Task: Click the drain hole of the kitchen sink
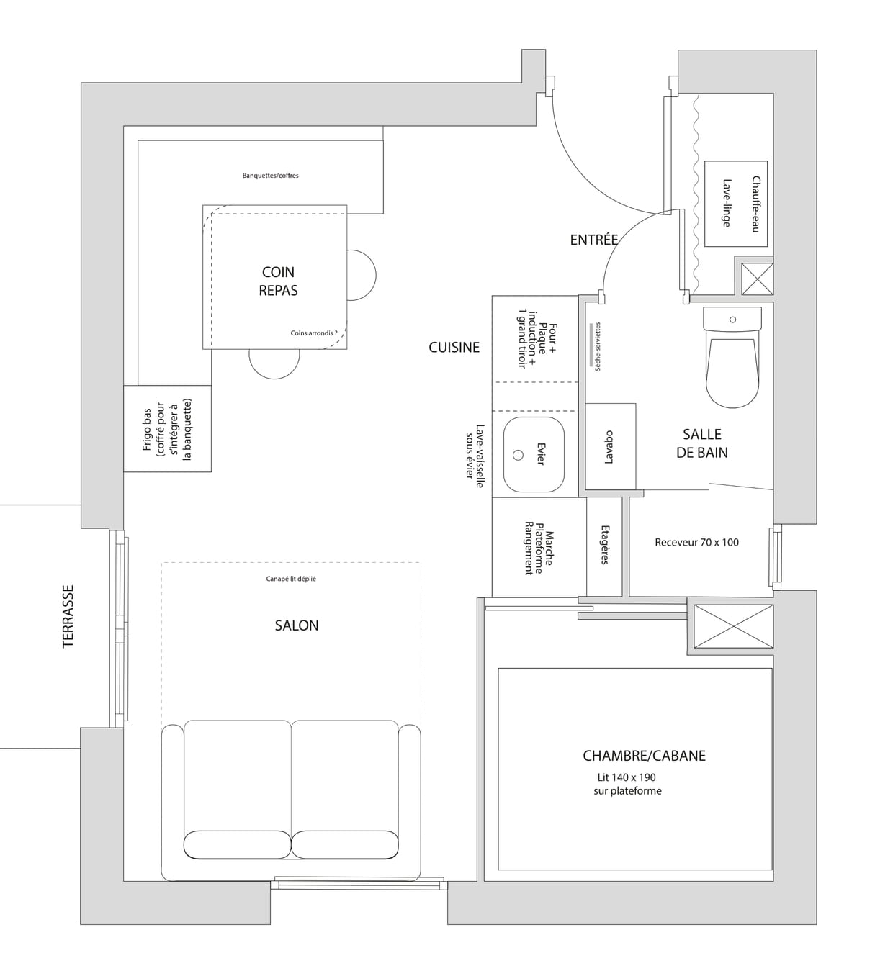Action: tap(518, 455)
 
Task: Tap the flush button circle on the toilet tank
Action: tap(732, 320)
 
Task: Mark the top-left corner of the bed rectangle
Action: tap(498, 669)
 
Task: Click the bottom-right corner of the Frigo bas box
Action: tap(211, 471)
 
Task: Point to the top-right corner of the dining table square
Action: tap(346, 205)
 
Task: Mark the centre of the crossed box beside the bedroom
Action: tap(733, 626)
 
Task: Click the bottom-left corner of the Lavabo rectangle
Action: tap(585, 489)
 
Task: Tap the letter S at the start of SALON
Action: tap(278, 625)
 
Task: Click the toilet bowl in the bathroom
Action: tap(732, 374)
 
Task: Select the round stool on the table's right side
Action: tap(361, 275)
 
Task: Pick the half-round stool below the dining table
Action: tap(274, 364)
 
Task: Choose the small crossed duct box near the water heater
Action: tap(757, 279)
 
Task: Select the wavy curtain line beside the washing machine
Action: tap(696, 194)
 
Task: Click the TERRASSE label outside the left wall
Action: tap(68, 616)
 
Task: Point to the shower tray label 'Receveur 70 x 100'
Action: tap(696, 542)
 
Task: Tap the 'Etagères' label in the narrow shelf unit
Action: tap(605, 545)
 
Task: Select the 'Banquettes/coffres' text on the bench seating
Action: tap(270, 176)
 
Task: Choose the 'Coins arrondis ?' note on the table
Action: tap(314, 333)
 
